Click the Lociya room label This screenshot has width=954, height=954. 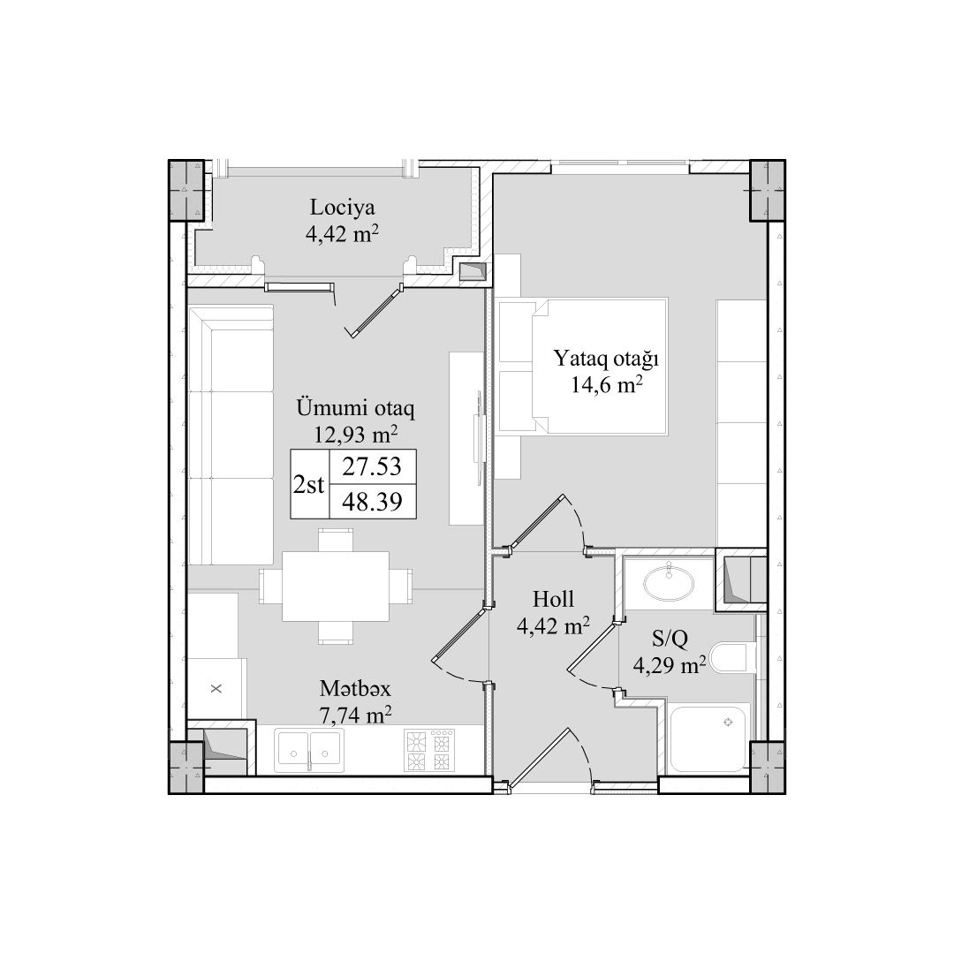(342, 208)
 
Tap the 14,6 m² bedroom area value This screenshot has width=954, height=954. (607, 385)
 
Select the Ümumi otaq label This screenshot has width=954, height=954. (355, 407)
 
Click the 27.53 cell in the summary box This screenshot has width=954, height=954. (372, 466)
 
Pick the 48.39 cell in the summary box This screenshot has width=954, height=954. (372, 502)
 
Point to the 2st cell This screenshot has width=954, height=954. (309, 485)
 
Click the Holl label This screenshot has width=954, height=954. (553, 599)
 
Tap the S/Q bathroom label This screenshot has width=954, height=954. (670, 639)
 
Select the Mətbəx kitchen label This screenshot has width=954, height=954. (355, 689)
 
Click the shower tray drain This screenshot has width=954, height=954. (727, 723)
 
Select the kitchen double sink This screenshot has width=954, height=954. (308, 750)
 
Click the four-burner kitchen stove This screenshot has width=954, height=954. (429, 750)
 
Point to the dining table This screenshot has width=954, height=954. (336, 586)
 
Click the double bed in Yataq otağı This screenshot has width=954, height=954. (583, 366)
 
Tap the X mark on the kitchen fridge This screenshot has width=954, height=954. (216, 689)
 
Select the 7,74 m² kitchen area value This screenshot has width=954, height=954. (355, 715)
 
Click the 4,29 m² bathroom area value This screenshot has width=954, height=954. (670, 665)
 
